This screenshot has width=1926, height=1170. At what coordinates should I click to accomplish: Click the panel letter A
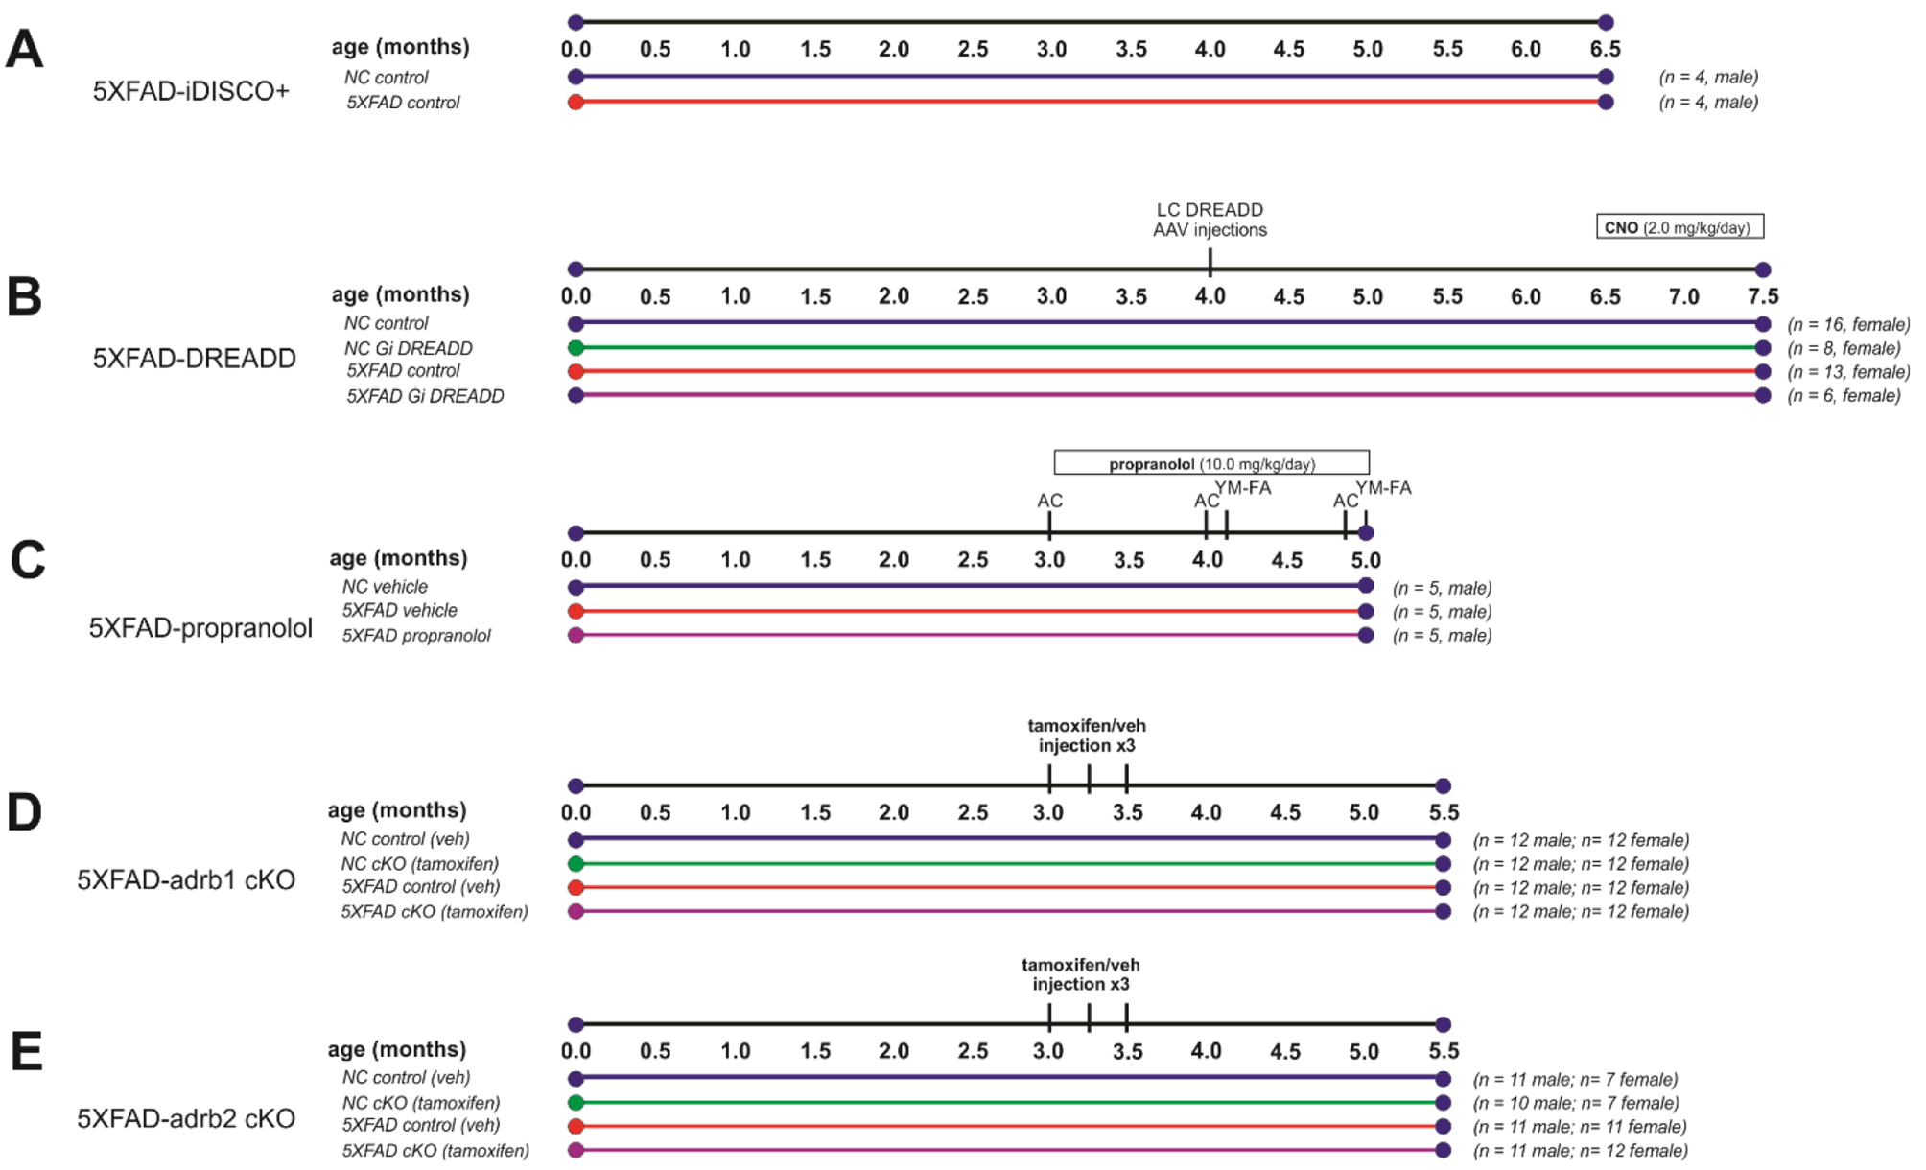coord(25,49)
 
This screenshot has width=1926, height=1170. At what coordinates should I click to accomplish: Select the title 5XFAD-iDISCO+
coord(190,91)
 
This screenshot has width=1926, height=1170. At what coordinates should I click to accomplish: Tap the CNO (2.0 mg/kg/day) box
coord(1679,227)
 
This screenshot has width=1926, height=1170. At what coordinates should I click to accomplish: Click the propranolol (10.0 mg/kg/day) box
coord(1211,464)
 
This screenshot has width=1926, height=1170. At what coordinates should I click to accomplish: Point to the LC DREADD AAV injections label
coord(1210,220)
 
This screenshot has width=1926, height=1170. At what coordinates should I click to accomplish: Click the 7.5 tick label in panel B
coord(1762,296)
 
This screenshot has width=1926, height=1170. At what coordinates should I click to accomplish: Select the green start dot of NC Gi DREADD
coord(575,348)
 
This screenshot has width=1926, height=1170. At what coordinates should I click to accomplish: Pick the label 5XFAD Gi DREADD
coord(425,396)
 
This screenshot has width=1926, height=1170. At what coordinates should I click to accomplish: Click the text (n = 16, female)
coord(1848,325)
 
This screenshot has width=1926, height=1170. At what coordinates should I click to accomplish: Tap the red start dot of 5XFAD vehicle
coord(575,612)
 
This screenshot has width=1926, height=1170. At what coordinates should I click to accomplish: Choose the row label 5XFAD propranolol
coord(416,636)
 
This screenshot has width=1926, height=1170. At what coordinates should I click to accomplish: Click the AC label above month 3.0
coord(1049,501)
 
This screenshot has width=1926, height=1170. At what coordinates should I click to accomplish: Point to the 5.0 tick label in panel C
coord(1366,560)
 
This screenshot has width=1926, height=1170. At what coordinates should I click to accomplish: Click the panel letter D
coord(25,812)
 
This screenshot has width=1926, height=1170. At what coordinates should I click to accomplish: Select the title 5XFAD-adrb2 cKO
coord(186,1118)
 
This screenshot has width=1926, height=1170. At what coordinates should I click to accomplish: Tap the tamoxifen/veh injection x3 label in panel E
coord(1081,974)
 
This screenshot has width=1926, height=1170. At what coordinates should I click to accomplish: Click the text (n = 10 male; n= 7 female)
coord(1576,1103)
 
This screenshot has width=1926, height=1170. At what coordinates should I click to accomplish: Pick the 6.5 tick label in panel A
coord(1605,49)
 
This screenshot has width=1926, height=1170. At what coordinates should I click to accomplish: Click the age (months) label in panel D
coord(397,810)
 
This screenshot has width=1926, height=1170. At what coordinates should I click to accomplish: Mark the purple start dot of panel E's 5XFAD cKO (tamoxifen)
coord(575,1150)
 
